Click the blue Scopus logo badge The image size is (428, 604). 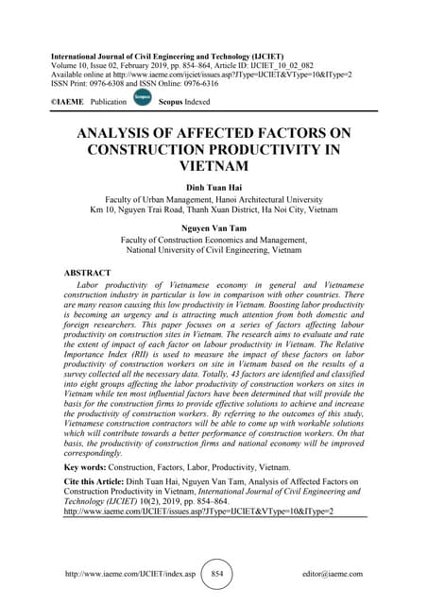tap(142, 95)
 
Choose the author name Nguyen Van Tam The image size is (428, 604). tap(214, 228)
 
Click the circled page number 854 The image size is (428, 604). tap(215, 572)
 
